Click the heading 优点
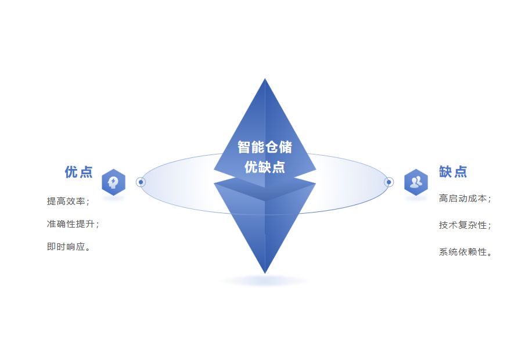(x=78, y=172)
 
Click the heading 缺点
(x=453, y=172)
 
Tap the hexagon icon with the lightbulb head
(x=113, y=182)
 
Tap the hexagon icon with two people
(x=416, y=182)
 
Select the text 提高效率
(x=68, y=201)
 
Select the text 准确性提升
(x=73, y=224)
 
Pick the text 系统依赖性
(x=465, y=252)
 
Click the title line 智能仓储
(x=265, y=147)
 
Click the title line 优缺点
(x=265, y=167)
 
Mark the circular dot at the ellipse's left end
(x=141, y=182)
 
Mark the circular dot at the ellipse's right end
(x=389, y=182)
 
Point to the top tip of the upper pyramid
(x=265, y=80)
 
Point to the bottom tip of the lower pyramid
(x=265, y=272)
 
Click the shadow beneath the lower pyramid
(x=265, y=281)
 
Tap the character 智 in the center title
(x=244, y=147)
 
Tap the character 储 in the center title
(x=286, y=147)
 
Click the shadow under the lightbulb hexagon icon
(x=113, y=199)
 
